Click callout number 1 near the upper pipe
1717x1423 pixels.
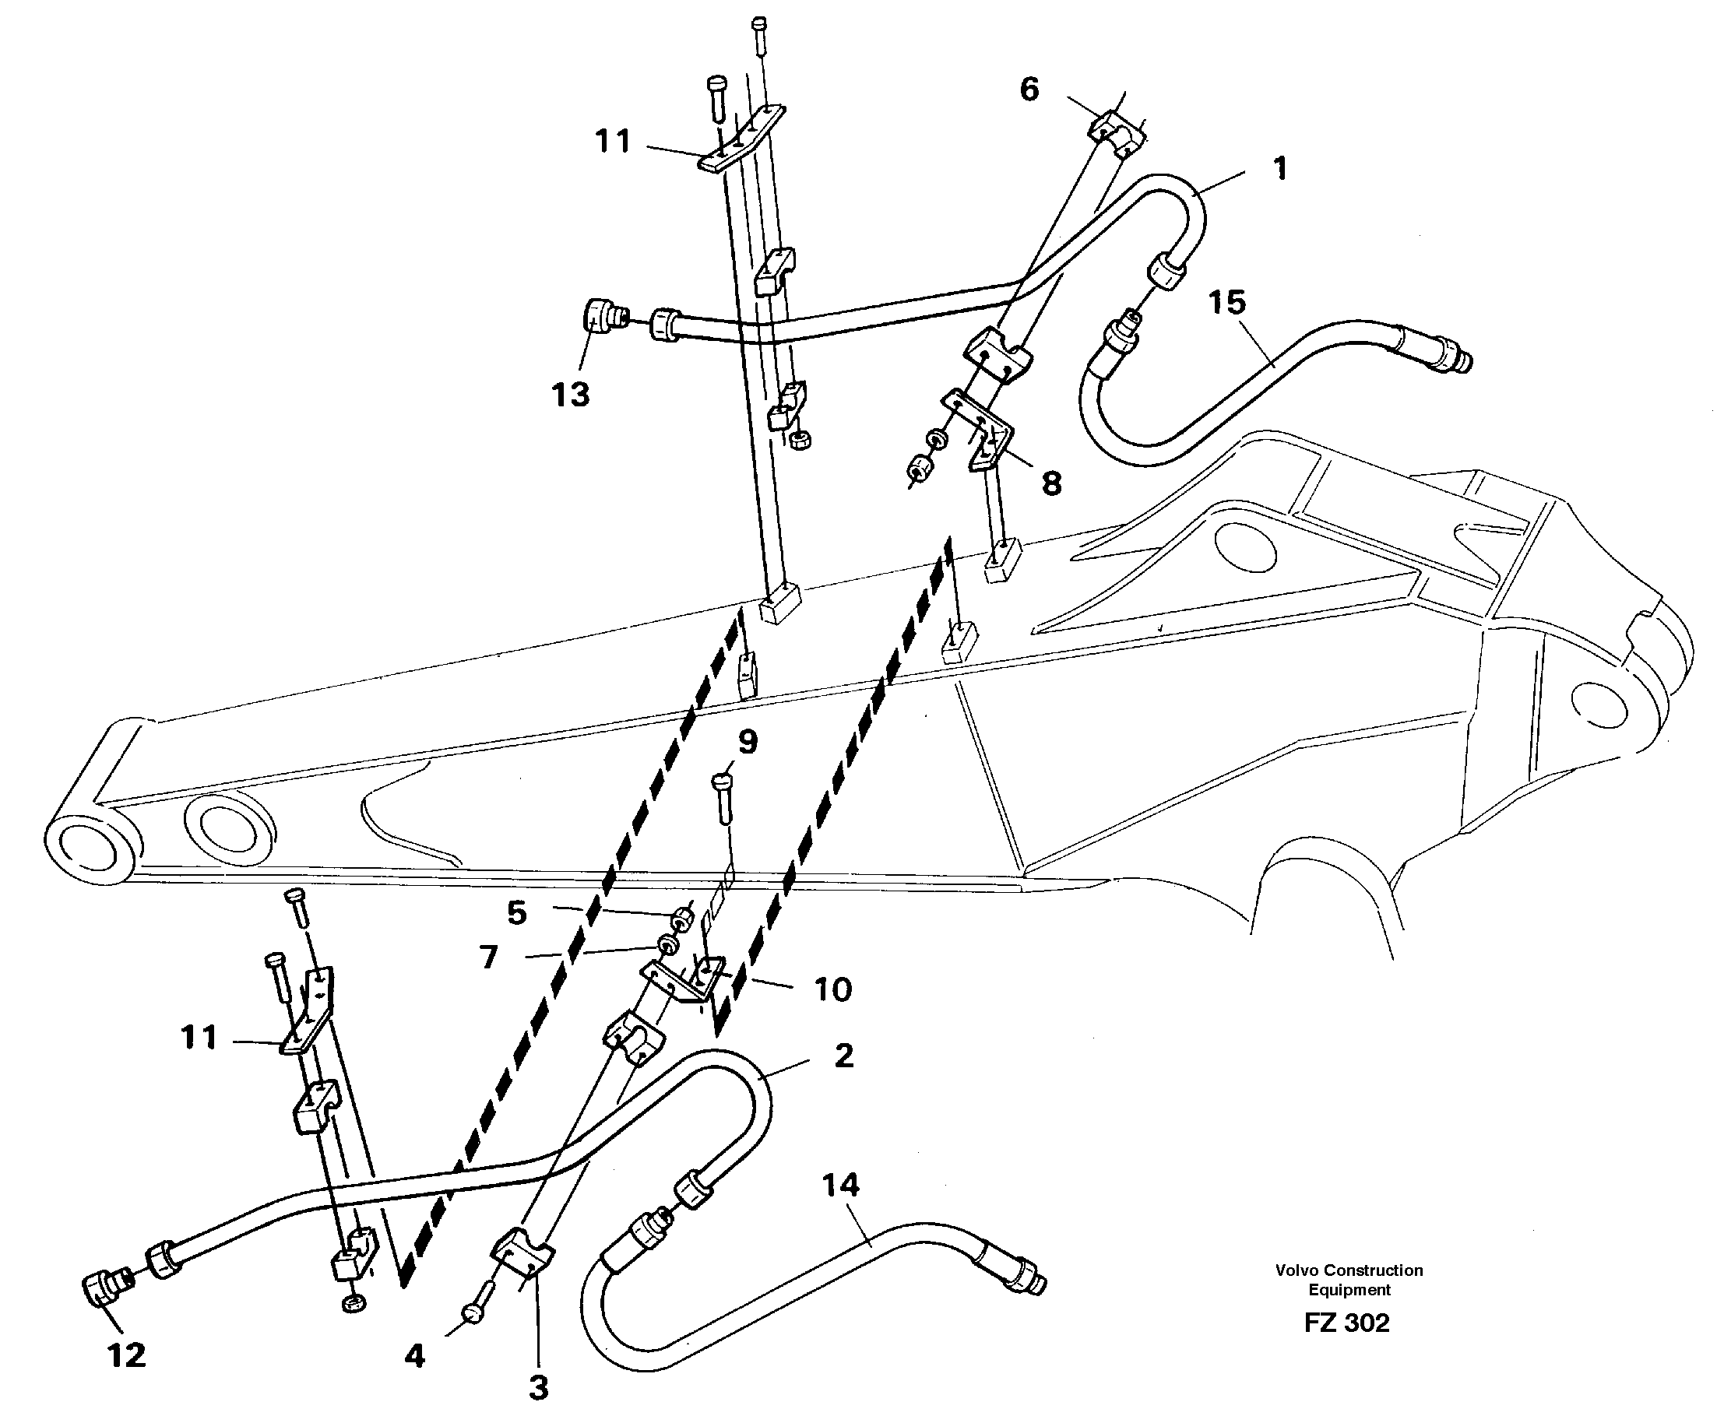click(1280, 168)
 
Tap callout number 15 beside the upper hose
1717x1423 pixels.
click(1226, 302)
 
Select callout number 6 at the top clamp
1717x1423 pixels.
click(1029, 88)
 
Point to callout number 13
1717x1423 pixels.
click(571, 395)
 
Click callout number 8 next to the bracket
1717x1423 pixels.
click(1051, 483)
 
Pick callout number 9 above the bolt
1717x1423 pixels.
click(748, 741)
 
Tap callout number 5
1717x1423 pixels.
click(517, 912)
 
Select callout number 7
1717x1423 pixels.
click(489, 956)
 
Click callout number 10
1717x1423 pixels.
click(833, 990)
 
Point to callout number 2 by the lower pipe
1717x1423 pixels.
click(844, 1056)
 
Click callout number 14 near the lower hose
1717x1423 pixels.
click(840, 1184)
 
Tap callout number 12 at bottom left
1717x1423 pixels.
click(127, 1355)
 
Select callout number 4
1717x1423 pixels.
click(414, 1357)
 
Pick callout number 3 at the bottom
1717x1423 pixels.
click(538, 1387)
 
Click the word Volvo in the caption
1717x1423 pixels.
click(1296, 1270)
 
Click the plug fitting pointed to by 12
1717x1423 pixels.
click(103, 1288)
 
